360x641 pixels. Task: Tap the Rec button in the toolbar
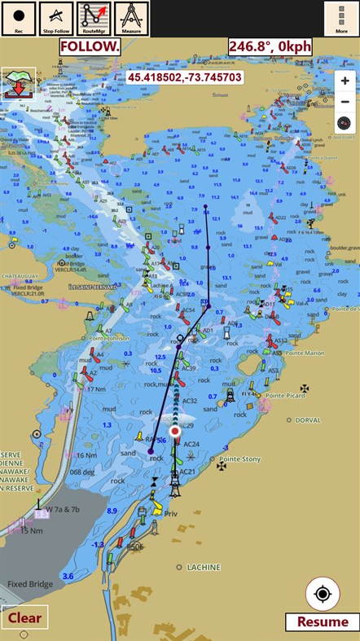(x=19, y=19)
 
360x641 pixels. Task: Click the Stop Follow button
(x=56, y=19)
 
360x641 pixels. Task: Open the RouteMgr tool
(x=94, y=19)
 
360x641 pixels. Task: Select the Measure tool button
(x=131, y=19)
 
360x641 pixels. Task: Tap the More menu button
(x=341, y=19)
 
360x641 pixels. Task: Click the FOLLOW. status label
(x=90, y=46)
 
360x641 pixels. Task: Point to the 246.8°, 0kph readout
(x=270, y=46)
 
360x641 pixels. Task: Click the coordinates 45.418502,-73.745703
(x=184, y=77)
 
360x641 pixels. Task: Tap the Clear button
(x=24, y=617)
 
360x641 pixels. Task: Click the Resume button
(x=323, y=621)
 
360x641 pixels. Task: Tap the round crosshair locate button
(x=323, y=594)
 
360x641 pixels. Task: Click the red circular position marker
(x=175, y=432)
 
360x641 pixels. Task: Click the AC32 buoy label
(x=189, y=401)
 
